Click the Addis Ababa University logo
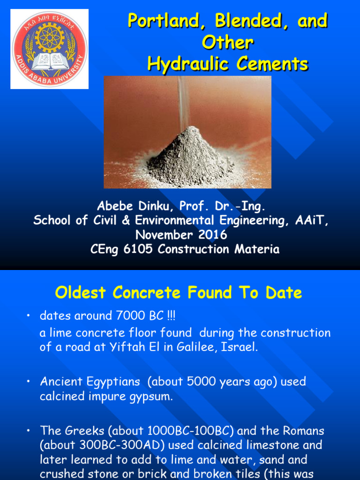[x=49, y=49]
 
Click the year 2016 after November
[x=211, y=235]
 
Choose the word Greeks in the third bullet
[x=80, y=430]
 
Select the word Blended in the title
[x=251, y=21]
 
